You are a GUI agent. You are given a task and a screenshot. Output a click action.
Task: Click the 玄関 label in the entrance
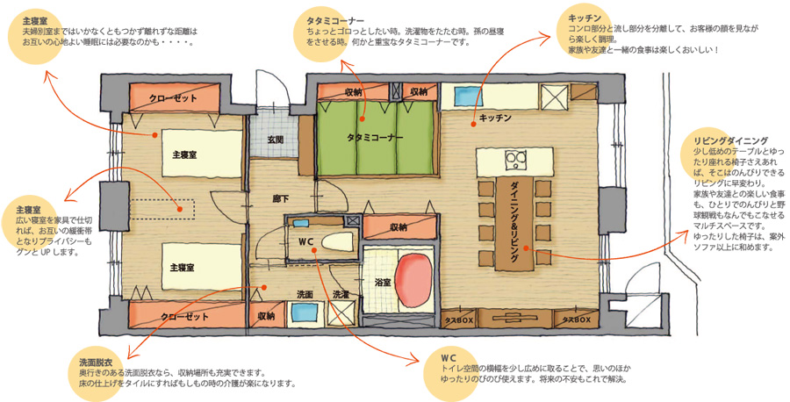[275, 139]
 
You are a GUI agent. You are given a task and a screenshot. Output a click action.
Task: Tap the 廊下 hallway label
[281, 199]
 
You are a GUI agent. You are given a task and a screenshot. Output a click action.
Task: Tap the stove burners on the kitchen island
[516, 161]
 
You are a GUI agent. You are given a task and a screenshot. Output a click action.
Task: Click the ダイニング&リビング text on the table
[515, 223]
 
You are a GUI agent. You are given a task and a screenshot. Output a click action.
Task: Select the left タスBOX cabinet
[459, 319]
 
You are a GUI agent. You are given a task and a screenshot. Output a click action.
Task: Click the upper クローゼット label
[173, 98]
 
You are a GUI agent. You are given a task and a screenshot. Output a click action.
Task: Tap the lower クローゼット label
[184, 317]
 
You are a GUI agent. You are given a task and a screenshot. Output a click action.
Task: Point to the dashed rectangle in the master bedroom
[162, 209]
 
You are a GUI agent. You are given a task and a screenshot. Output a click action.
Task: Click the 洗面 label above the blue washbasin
[305, 295]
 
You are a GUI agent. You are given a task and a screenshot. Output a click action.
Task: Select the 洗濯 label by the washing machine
[341, 295]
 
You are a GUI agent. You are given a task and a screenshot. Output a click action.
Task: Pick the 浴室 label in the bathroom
[383, 283]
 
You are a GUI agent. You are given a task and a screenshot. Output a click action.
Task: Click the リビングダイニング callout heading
[730, 140]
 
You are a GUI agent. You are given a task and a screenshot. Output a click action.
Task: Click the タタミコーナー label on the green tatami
[375, 137]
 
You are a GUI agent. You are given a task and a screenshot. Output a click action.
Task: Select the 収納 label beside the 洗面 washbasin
[266, 316]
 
